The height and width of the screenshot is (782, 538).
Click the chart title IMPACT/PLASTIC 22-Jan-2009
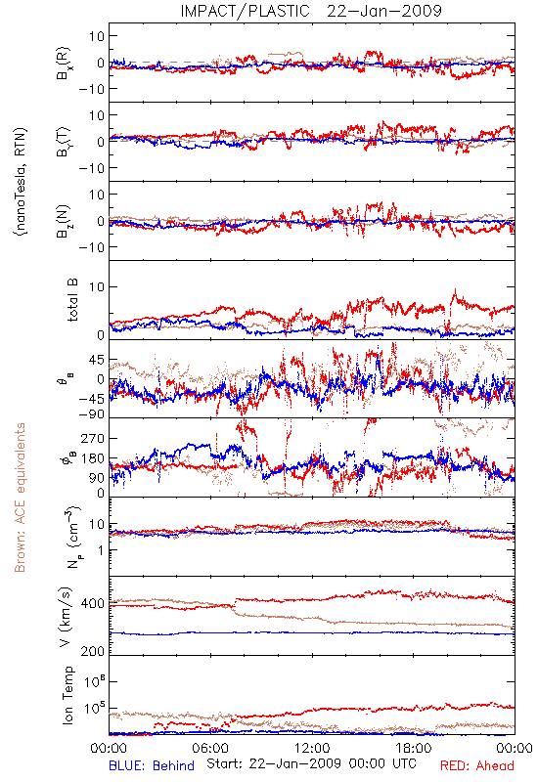(x=311, y=11)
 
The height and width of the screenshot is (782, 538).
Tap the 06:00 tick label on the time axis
(x=210, y=748)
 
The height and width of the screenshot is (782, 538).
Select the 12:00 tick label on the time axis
(x=312, y=748)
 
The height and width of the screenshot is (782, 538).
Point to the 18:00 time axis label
(x=414, y=748)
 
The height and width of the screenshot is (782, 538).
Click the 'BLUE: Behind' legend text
(x=152, y=765)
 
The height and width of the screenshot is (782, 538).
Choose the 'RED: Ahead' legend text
(x=477, y=765)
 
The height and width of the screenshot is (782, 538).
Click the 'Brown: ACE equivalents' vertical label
(x=20, y=498)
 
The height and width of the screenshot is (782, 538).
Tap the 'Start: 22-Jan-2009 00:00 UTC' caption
(x=311, y=763)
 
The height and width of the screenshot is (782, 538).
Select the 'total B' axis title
(x=71, y=300)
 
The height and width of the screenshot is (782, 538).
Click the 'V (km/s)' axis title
(x=67, y=617)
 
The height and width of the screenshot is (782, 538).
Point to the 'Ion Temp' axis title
(x=67, y=695)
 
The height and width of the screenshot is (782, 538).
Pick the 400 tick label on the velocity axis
(x=92, y=603)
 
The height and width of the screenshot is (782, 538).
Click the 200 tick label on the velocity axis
(x=92, y=651)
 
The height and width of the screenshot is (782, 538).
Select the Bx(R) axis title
(x=64, y=64)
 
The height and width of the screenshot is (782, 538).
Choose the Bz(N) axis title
(x=64, y=221)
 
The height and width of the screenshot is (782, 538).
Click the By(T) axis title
(x=64, y=142)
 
